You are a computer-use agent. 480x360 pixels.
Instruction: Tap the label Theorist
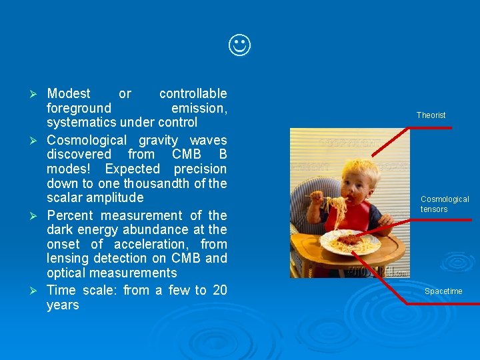coord(431,115)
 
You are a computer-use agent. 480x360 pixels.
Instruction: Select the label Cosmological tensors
coord(444,204)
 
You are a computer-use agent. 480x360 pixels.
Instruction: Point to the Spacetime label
coord(443,291)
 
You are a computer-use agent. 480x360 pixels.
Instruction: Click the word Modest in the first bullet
coord(69,93)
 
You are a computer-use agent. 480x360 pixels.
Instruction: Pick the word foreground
coord(79,108)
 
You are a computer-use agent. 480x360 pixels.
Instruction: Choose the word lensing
coord(69,258)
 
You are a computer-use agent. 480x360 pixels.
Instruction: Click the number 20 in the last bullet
coord(219,290)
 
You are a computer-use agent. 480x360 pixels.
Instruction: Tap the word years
coord(63,305)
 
